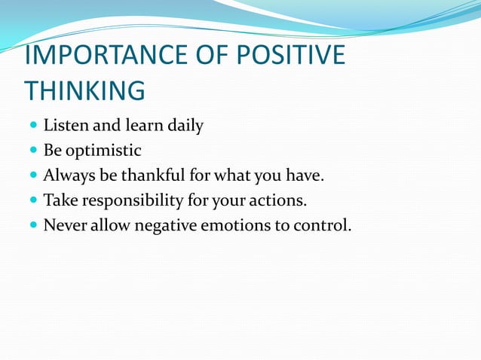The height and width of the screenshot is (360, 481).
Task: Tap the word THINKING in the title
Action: coord(84,90)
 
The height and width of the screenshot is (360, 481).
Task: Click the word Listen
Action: coord(66,126)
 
